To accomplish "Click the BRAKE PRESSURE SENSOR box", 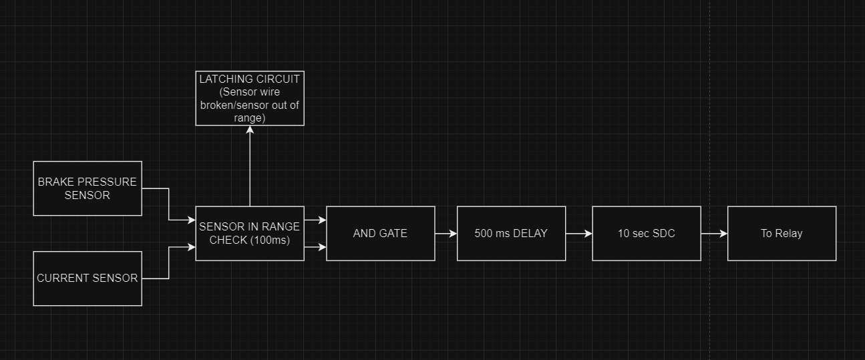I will pyautogui.click(x=88, y=188).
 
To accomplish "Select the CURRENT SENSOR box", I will pyautogui.click(x=88, y=279).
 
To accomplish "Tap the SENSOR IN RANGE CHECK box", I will pyautogui.click(x=250, y=233).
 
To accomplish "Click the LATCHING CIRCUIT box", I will pyautogui.click(x=250, y=98).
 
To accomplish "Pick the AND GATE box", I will pyautogui.click(x=380, y=233).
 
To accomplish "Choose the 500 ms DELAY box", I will pyautogui.click(x=511, y=233).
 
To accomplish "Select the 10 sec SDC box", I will pyautogui.click(x=646, y=233).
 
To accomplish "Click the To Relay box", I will pyautogui.click(x=782, y=233).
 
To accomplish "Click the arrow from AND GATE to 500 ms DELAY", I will pyautogui.click(x=446, y=234).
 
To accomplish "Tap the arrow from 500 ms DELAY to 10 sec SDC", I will pyautogui.click(x=578, y=234).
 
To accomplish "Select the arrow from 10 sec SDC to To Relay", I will pyautogui.click(x=713, y=234).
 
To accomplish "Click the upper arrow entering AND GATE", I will pyautogui.click(x=315, y=220).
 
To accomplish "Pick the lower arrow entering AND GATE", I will pyautogui.click(x=315, y=247).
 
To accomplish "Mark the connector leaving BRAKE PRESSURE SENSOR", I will pyautogui.click(x=168, y=204).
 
